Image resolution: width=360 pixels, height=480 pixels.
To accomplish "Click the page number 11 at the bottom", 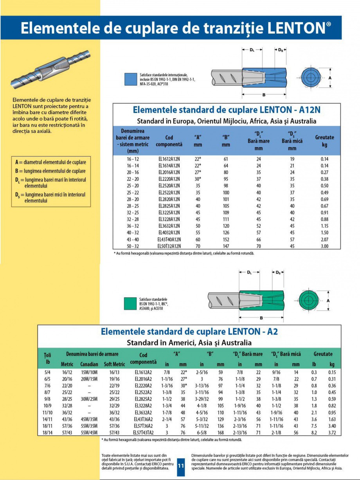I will pos(181,466).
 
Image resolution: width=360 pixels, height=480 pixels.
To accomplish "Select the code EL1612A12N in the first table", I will pos(169,159).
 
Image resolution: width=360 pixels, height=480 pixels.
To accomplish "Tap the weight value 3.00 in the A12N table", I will pos(324,246).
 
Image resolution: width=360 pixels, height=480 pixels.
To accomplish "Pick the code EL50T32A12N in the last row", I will pos(169,246).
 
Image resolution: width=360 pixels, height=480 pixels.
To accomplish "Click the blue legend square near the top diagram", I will pos(131,79).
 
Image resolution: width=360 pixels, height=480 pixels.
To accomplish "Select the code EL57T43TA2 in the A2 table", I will pos(143,433).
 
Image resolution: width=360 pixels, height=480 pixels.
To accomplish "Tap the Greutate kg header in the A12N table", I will pos(324,141).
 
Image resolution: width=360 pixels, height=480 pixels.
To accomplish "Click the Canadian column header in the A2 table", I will pos(89,364).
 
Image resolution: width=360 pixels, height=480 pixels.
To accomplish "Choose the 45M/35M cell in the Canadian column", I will pos(89,419).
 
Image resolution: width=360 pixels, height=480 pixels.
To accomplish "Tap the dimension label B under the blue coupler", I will pos(264,95).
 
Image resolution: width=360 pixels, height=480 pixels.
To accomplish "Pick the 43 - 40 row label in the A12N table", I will pos(133,239).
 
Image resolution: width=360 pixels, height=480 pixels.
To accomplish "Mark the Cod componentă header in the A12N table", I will pos(169,141).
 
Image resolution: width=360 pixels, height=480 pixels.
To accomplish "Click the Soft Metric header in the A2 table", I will pos(115,364).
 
